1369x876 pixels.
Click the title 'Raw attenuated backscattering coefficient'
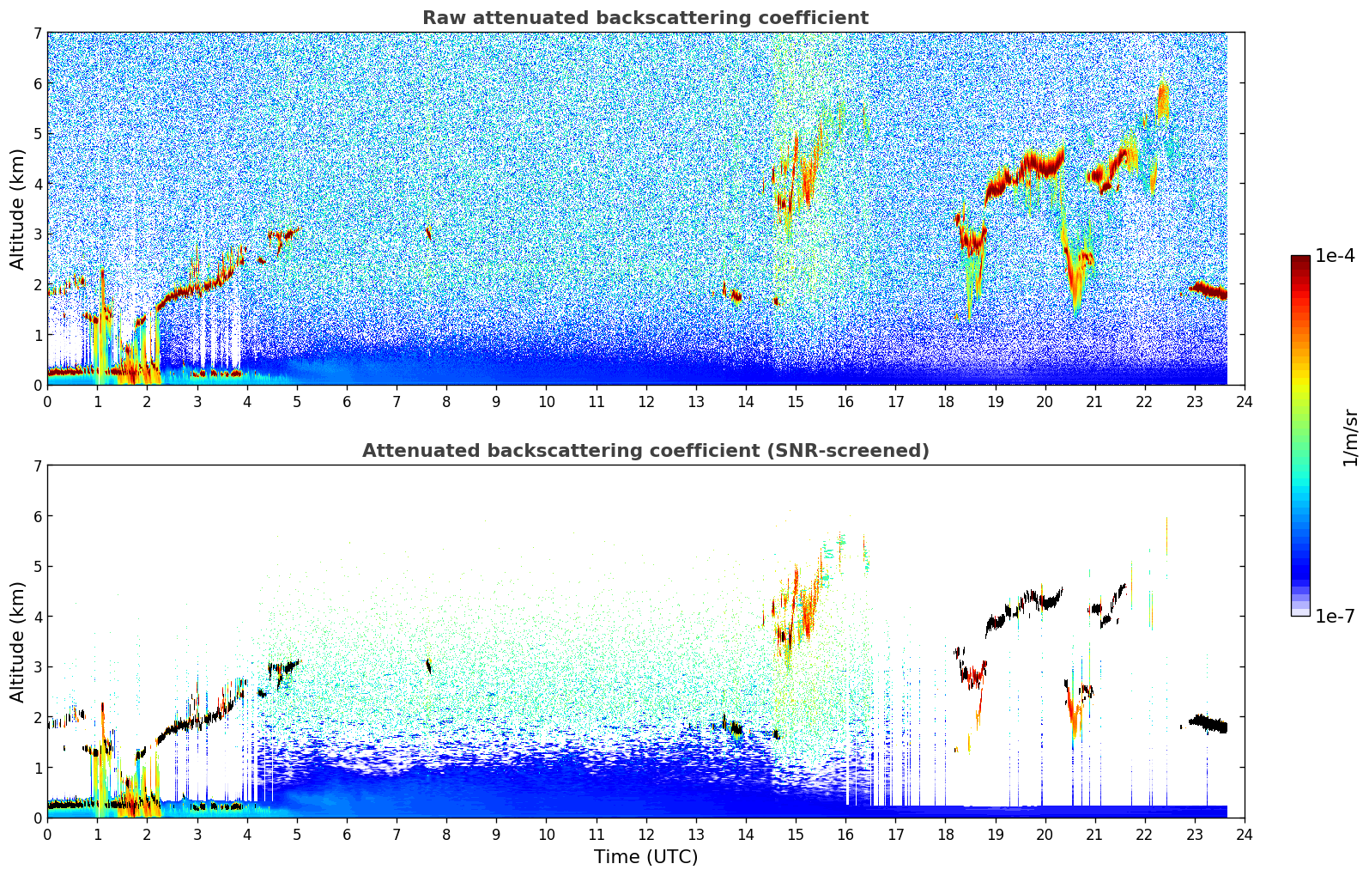point(645,18)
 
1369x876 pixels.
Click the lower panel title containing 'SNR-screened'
point(645,451)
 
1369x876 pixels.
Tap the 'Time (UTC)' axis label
point(645,857)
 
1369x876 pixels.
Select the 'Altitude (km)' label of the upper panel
point(17,209)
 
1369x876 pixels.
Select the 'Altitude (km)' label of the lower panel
point(17,642)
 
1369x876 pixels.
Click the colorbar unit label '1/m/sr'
point(1350,438)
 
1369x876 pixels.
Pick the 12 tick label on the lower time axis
point(645,835)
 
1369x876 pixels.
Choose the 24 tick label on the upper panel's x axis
point(1244,402)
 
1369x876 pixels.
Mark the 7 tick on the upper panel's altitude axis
point(37,33)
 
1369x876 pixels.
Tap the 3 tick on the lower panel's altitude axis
point(37,667)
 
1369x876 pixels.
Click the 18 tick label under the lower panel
point(945,835)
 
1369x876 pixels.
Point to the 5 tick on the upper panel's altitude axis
point(37,134)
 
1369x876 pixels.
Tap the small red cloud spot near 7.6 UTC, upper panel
point(427,231)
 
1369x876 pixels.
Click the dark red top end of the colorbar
point(1299,259)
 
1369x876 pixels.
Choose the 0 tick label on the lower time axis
point(47,835)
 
